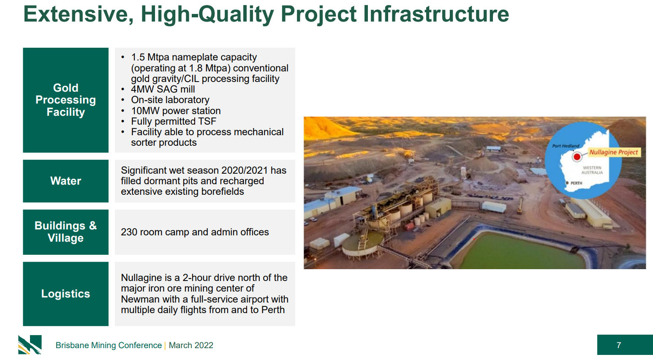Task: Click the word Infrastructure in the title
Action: click(436, 14)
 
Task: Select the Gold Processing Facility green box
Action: click(65, 100)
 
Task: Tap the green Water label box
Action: click(65, 181)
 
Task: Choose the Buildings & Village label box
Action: click(65, 232)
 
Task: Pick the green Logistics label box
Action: click(65, 294)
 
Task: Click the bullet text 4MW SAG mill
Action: click(163, 89)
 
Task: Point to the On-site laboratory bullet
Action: click(170, 100)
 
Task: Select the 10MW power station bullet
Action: click(176, 111)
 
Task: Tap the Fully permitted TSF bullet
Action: click(174, 121)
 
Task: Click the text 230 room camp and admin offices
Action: click(195, 232)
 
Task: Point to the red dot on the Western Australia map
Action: click(577, 157)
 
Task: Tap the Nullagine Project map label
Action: click(614, 152)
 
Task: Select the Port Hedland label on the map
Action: click(566, 146)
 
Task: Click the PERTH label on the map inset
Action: click(576, 183)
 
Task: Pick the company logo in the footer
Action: click(30, 344)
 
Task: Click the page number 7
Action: click(619, 345)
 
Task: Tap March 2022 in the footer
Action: click(191, 345)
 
